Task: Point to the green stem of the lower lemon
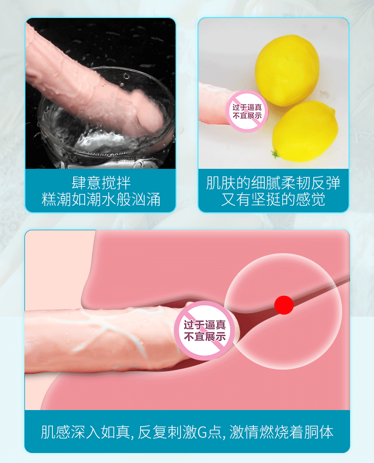[x=274, y=154]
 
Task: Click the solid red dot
[x=284, y=305]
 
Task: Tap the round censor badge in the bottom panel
[x=204, y=330]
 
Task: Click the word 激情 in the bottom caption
[x=246, y=432]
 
